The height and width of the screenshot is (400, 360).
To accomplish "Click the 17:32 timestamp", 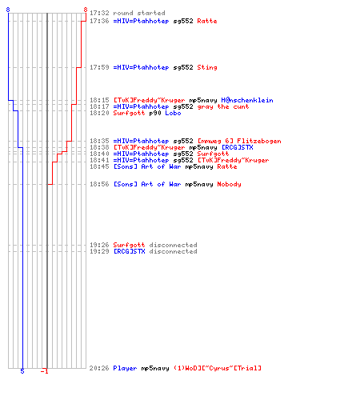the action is (99, 13).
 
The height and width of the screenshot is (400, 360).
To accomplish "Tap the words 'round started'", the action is (139, 13).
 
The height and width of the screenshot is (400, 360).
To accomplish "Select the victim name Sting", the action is (207, 67).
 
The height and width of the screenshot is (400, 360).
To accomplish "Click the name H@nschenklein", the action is (247, 100).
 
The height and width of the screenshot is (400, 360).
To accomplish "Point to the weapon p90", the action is (155, 113).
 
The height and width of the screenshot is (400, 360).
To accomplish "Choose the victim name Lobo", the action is (173, 113).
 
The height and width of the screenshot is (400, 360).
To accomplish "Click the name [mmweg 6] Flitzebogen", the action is (239, 141).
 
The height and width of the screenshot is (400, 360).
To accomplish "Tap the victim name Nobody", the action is (229, 184).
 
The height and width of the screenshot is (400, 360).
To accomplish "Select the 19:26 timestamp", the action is (99, 245).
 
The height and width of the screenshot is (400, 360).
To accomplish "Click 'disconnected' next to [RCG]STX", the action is (173, 251).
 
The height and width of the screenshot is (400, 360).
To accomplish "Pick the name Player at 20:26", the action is (125, 368).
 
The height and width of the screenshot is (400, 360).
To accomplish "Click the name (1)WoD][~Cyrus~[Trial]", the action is (218, 368).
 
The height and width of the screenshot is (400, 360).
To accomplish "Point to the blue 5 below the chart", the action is (22, 371).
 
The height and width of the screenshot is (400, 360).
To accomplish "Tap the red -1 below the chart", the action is (44, 371).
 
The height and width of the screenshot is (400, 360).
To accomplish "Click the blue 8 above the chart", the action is (8, 10).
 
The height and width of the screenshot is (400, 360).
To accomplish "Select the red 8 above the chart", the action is (86, 10).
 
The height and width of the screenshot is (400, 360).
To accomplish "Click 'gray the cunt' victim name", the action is (223, 106).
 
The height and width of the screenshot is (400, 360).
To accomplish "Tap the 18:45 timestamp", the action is (99, 166).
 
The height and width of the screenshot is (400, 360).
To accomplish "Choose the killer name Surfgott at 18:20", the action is (129, 113).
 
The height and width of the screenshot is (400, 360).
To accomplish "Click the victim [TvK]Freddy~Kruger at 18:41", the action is (233, 160).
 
